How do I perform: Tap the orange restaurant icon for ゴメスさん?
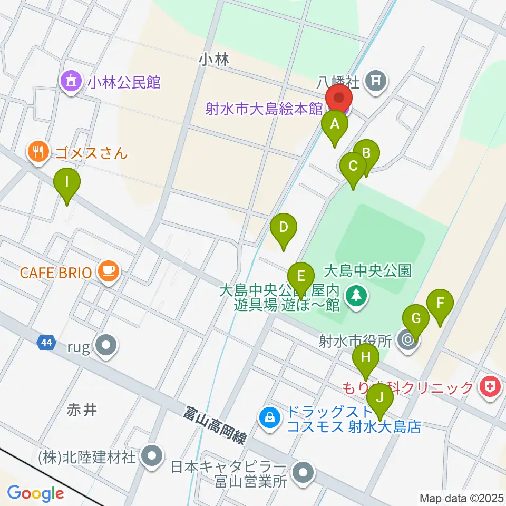(x=37, y=153)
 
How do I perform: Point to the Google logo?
(x=35, y=494)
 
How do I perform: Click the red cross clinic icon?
(x=489, y=388)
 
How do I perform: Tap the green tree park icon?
(x=357, y=295)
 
